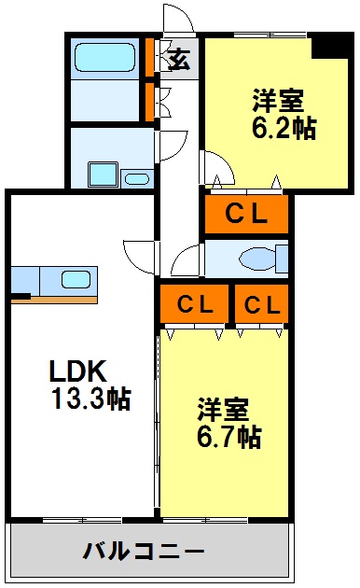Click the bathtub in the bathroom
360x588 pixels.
[x=104, y=58]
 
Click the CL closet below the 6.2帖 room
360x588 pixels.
[x=247, y=214]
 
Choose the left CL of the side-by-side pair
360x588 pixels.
[x=194, y=303]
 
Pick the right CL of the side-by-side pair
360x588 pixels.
[x=260, y=303]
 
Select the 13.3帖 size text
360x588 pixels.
[x=90, y=399]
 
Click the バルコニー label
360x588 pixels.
[x=145, y=551]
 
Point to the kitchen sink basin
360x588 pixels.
[x=76, y=278]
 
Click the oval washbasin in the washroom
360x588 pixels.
[x=136, y=177]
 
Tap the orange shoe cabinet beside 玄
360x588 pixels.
[x=149, y=57]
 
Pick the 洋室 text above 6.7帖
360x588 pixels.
[x=223, y=409]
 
